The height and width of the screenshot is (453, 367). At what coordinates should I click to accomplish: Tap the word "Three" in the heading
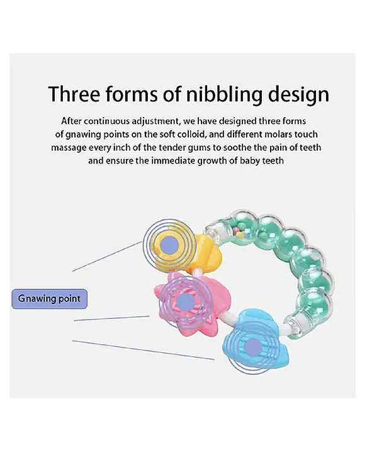click(74, 93)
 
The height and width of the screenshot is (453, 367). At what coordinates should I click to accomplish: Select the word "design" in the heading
click(299, 95)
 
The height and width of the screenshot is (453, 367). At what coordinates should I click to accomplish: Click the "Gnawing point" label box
click(49, 298)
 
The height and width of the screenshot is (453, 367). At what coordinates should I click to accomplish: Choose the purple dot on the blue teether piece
click(253, 347)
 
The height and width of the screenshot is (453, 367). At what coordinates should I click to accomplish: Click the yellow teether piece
click(191, 254)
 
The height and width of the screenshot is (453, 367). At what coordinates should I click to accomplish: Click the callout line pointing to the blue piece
click(144, 350)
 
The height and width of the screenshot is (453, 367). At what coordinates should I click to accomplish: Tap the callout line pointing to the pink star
click(111, 318)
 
